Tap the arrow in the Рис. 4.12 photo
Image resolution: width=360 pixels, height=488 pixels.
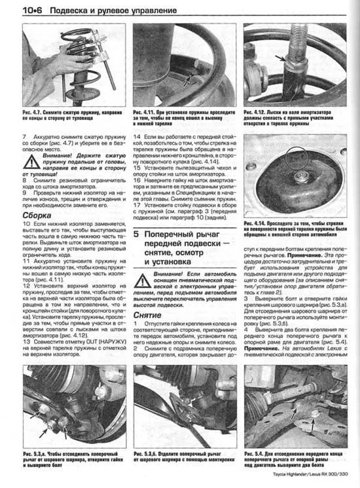(x=283, y=58)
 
